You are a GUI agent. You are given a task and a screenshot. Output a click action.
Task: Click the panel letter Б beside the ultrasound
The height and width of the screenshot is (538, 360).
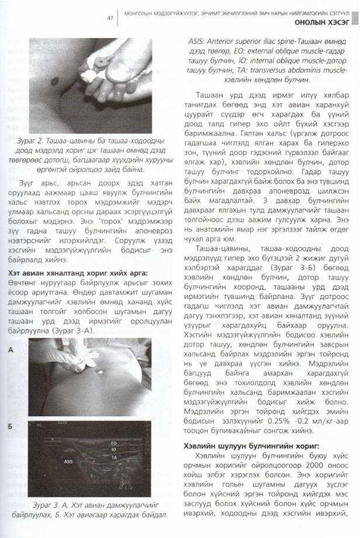coord(12,430)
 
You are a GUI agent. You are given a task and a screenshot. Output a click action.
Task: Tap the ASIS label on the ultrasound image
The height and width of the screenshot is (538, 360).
coord(68,461)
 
